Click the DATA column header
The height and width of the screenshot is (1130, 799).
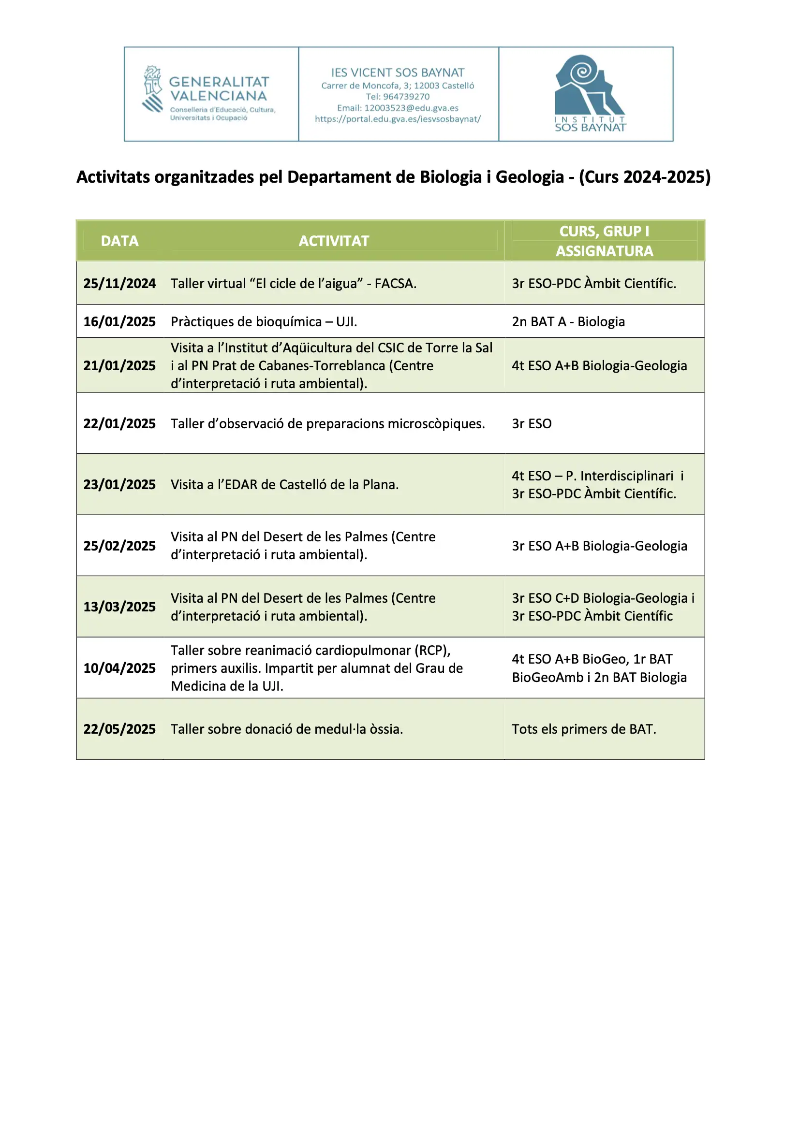click(x=119, y=241)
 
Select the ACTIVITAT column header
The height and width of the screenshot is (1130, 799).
click(x=334, y=241)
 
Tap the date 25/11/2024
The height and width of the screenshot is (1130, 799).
click(x=119, y=284)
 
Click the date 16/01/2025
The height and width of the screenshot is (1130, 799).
click(x=119, y=321)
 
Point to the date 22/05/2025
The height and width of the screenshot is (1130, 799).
click(x=119, y=729)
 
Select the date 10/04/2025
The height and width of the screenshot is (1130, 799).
click(x=119, y=668)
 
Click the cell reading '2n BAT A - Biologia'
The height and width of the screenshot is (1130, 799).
click(x=568, y=321)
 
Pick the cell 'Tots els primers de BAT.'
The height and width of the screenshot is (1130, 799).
click(x=584, y=729)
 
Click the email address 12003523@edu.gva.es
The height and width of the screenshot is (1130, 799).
click(x=411, y=108)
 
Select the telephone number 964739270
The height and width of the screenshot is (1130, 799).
click(x=406, y=97)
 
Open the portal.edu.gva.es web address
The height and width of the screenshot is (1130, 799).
click(x=398, y=119)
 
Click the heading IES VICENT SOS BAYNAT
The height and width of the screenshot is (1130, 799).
click(x=398, y=73)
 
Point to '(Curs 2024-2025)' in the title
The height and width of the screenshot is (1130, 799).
click(x=644, y=177)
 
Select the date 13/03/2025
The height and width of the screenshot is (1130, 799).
click(x=119, y=607)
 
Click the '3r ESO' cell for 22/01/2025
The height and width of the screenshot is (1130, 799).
click(x=532, y=423)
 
